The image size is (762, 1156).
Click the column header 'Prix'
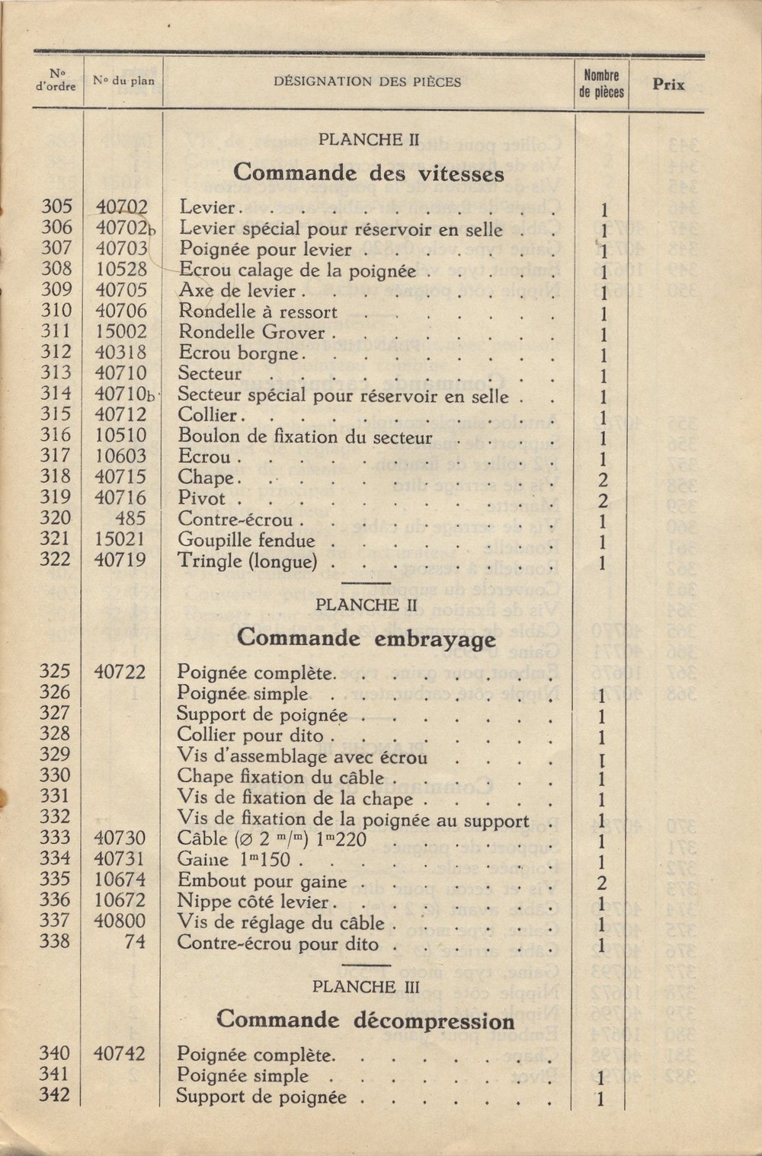coord(668,85)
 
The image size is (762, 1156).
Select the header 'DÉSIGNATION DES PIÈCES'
coord(367,82)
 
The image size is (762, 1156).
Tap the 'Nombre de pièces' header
coord(601,84)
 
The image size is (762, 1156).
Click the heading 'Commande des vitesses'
coord(369,173)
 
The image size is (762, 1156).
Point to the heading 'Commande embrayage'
coord(366,637)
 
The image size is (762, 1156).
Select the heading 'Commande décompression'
coord(366,1020)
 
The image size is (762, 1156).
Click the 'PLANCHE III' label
coord(366,986)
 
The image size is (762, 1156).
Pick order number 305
coord(56,206)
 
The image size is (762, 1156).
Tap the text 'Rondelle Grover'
coord(251,332)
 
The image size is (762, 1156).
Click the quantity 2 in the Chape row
coord(602,480)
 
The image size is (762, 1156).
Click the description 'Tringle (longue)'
coord(247,561)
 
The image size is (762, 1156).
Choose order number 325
coord(55,672)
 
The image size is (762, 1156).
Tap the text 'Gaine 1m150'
coord(236,860)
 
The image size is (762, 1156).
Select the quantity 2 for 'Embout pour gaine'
coord(601,883)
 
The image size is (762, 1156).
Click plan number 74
coord(135,942)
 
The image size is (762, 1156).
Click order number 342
coord(55,1096)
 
